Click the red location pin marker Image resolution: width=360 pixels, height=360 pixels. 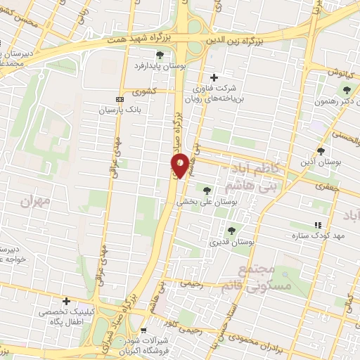[x=181, y=165]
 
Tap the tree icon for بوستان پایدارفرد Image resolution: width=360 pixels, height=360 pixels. [x=160, y=54]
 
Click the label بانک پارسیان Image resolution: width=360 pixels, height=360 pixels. [x=141, y=110]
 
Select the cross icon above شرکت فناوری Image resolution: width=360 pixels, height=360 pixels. [x=214, y=77]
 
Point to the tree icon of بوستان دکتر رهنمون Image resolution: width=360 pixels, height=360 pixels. [x=346, y=89]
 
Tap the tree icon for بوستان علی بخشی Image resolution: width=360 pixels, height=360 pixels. [x=207, y=190]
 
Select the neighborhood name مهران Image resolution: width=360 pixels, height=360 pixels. [x=37, y=202]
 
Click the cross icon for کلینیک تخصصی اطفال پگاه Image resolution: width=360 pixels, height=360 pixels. [x=66, y=301]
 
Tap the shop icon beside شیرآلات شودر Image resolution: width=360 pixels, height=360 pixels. [x=143, y=330]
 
